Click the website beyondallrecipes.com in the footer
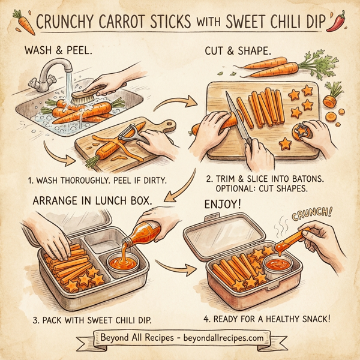(x=217, y=337)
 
